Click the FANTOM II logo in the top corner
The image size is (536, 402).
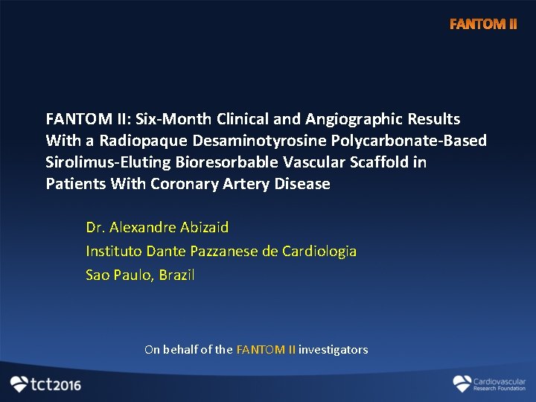coord(482,25)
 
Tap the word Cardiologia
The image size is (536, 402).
coord(319,251)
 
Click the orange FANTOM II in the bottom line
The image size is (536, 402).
coord(266,350)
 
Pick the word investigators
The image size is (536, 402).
coord(334,350)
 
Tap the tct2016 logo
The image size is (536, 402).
coord(45,384)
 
